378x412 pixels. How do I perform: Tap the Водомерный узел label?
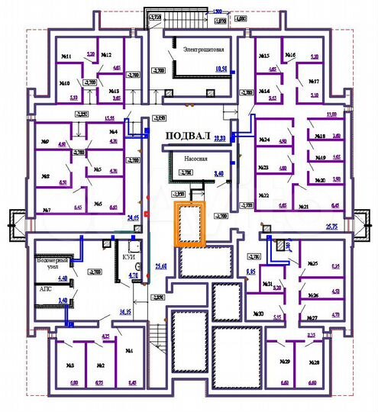51,264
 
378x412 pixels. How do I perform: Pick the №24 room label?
266,140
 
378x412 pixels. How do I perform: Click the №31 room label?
268,285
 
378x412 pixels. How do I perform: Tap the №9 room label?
45,142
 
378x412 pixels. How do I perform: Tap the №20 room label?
321,181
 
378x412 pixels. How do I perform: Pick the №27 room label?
312,317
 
